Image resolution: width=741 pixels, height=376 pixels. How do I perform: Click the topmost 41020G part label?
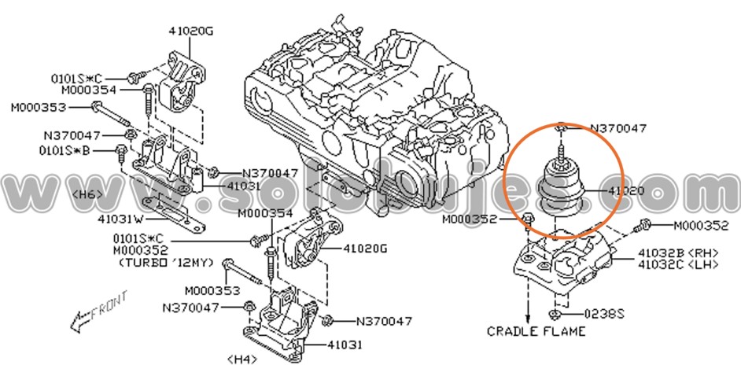tap(190, 31)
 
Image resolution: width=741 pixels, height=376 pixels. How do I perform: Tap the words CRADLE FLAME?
tap(537, 331)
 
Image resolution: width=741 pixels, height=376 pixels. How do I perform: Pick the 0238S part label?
tap(605, 313)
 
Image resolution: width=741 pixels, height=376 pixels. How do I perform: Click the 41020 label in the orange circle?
tap(626, 191)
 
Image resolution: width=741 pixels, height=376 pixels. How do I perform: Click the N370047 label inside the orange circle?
tap(618, 127)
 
